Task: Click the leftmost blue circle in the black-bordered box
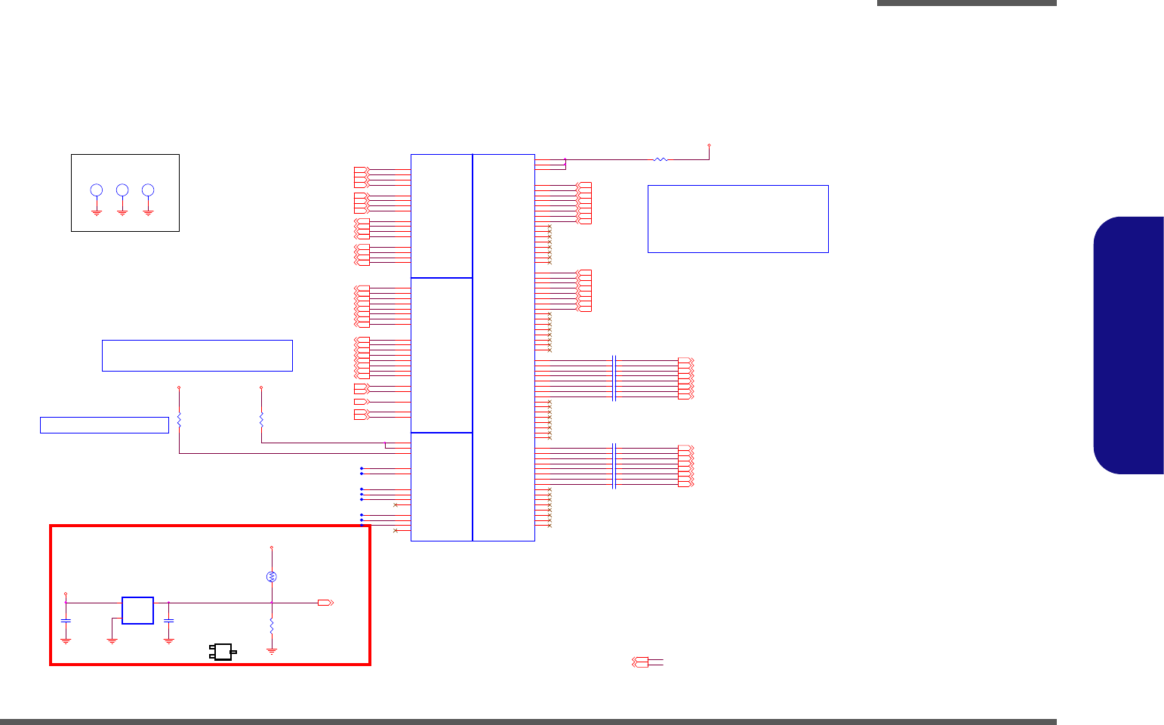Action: pos(97,190)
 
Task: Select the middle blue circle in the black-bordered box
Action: pos(122,190)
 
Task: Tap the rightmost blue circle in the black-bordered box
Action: pos(148,190)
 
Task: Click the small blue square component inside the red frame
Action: pos(137,610)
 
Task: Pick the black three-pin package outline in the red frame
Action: pos(223,652)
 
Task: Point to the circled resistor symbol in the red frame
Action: pos(272,577)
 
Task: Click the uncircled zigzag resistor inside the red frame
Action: pos(272,628)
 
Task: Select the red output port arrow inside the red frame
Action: pos(325,603)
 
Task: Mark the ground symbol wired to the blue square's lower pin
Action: pos(112,640)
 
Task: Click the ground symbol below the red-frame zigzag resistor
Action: pos(272,649)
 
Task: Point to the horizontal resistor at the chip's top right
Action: pos(661,159)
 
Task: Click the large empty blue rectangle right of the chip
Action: pos(738,219)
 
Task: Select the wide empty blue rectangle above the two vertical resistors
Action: pos(197,356)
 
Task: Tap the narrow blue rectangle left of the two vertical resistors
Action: pos(104,425)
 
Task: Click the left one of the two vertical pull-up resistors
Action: pos(179,419)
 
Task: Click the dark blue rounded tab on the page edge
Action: pos(1129,346)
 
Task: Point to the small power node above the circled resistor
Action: pos(272,547)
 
